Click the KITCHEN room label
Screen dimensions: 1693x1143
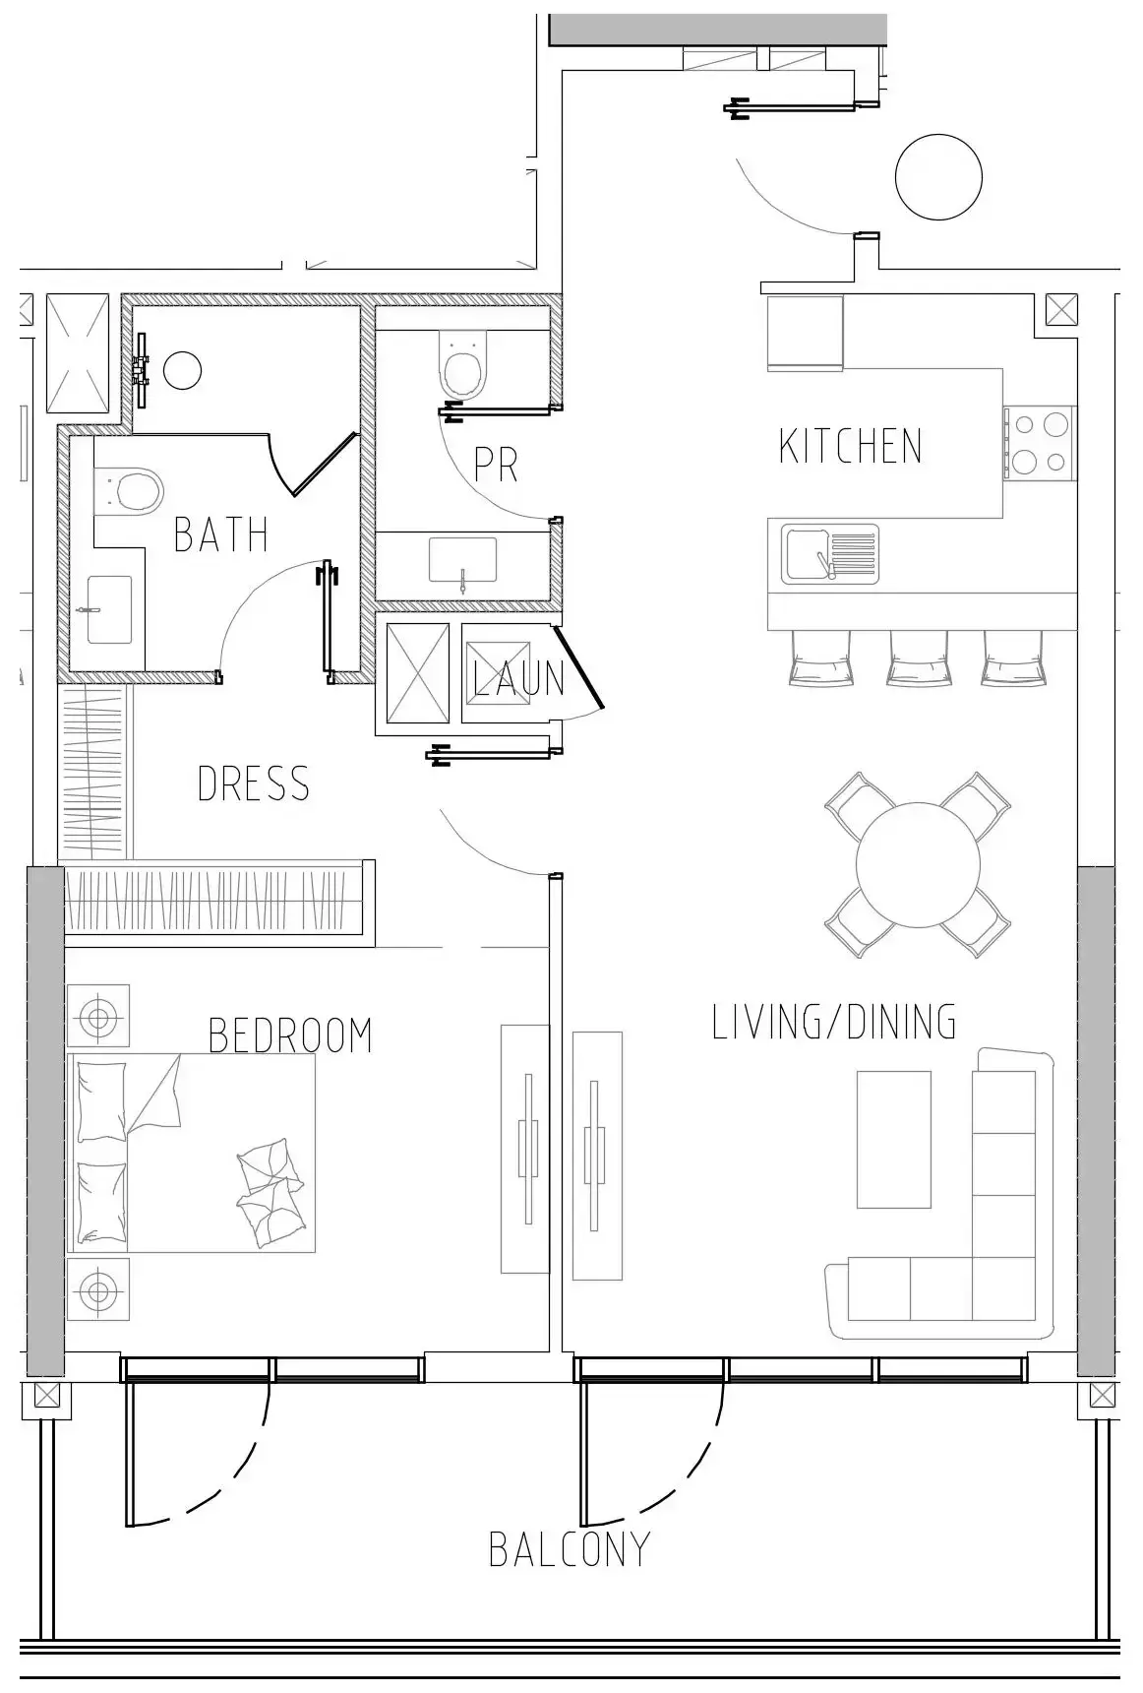point(851,447)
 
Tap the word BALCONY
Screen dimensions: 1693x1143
point(570,1551)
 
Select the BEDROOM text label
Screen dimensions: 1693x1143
point(291,1036)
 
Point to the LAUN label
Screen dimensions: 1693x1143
point(519,679)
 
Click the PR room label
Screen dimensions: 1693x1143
point(496,466)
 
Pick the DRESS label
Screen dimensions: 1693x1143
point(254,784)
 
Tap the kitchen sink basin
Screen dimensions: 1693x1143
point(806,553)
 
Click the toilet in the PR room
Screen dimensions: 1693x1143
point(462,365)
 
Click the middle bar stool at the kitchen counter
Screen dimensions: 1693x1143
point(918,659)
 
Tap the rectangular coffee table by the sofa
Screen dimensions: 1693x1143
point(893,1140)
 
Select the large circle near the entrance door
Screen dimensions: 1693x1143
point(938,177)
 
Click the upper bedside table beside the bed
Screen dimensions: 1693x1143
point(97,1016)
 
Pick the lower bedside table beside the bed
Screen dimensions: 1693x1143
point(97,1288)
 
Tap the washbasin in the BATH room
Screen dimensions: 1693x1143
point(108,610)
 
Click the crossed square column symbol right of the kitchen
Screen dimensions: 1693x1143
point(1060,310)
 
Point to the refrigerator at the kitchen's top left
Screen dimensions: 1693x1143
point(805,333)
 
